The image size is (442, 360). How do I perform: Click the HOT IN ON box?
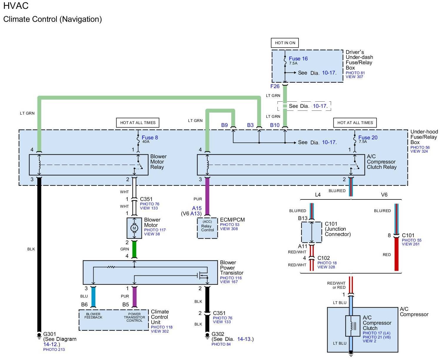pos(285,43)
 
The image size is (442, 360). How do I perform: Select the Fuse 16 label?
pos(298,59)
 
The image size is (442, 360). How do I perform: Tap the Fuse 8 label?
pos(149,138)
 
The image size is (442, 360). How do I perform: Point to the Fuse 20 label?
pos(368,138)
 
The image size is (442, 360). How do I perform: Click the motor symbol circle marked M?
pos(134,228)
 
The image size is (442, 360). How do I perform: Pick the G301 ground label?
pos(50,334)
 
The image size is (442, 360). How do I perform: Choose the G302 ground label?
pos(218,334)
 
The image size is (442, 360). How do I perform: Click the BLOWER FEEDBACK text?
pos(93,316)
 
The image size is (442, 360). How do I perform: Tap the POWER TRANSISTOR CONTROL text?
pos(134,317)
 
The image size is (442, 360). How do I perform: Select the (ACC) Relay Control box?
pos(207,228)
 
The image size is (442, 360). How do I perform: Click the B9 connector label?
pos(224,125)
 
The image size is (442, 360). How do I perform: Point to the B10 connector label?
pos(275,125)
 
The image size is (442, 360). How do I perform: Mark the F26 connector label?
pos(275,86)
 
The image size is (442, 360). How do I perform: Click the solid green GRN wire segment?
pos(134,249)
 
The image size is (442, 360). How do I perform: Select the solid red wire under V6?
pos(396,254)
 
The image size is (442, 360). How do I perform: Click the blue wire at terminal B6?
pos(93,296)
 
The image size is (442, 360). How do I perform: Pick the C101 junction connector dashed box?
pos(311,232)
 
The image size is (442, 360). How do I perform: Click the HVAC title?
pos(16,6)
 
